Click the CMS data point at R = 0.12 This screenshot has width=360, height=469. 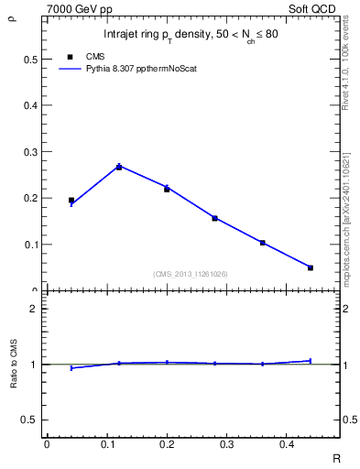(x=119, y=167)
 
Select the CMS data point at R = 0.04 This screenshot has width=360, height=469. (x=71, y=200)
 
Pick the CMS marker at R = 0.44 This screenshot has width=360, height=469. (x=311, y=267)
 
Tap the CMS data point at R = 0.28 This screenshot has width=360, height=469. (x=214, y=218)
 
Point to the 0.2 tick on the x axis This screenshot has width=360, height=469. (x=167, y=443)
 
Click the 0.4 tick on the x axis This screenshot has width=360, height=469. (x=287, y=443)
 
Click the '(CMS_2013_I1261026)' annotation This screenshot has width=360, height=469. (x=191, y=274)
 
